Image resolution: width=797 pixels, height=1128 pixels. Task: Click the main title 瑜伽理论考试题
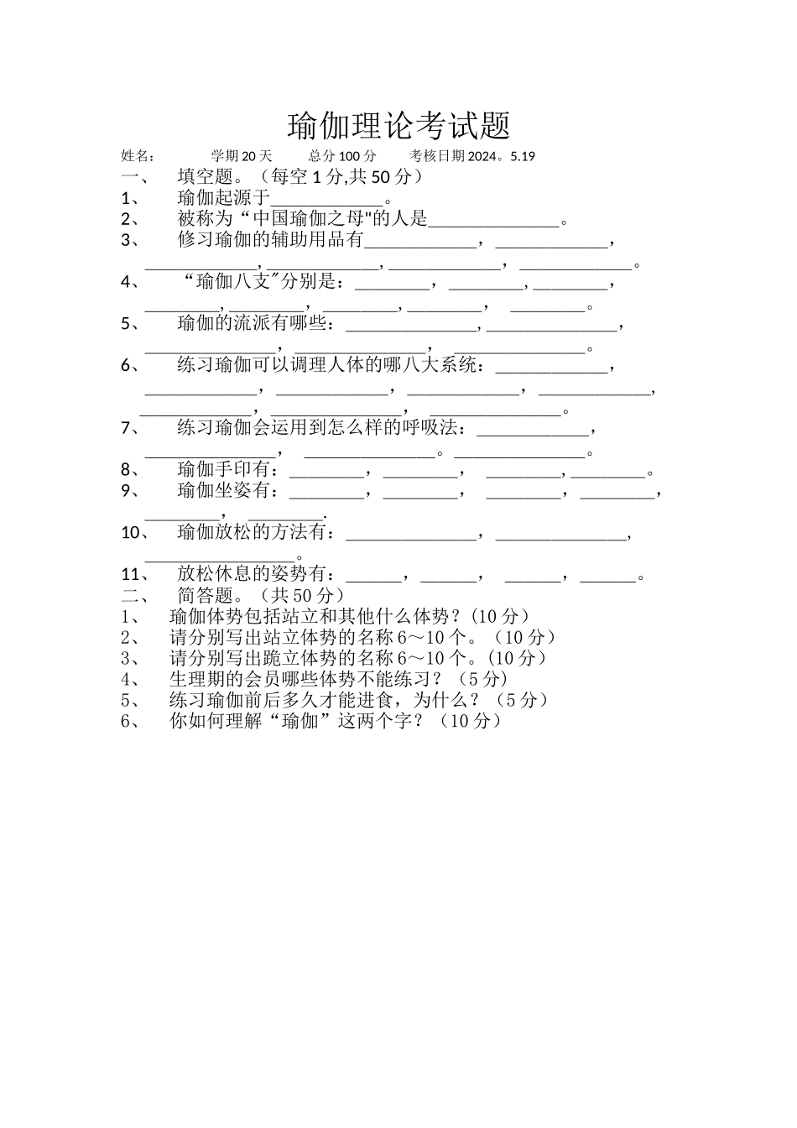[x=398, y=127]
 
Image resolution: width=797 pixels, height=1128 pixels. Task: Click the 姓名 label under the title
[x=138, y=156]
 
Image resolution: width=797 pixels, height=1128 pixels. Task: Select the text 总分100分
[x=342, y=156]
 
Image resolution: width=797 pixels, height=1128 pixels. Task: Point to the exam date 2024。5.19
[x=501, y=156]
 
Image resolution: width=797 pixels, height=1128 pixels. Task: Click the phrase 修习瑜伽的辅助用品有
[x=270, y=240]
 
